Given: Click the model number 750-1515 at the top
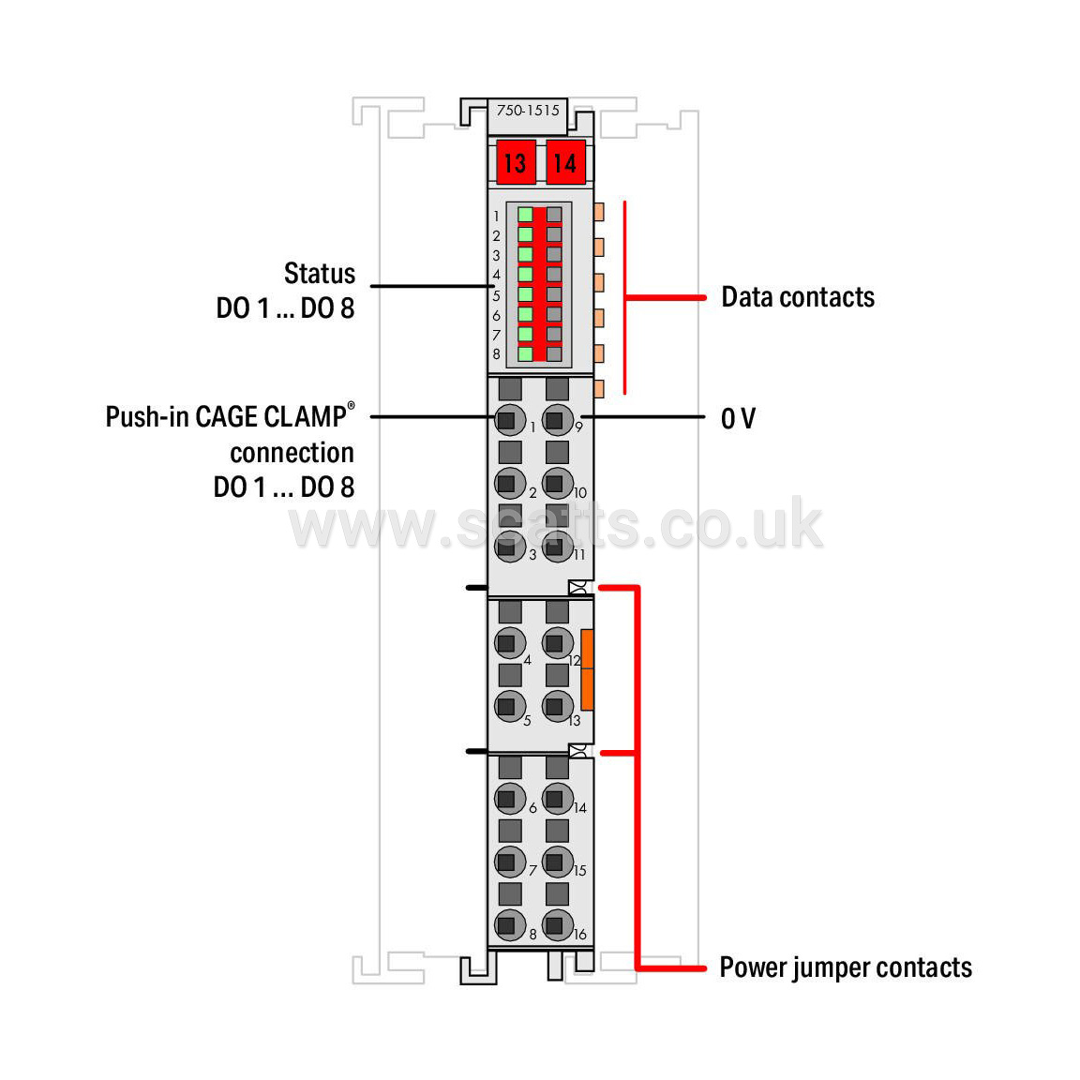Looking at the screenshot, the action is [528, 111].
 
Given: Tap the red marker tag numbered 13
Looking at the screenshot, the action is [516, 162].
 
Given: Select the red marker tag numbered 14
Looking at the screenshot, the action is [565, 162].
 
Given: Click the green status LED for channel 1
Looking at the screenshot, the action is [526, 215].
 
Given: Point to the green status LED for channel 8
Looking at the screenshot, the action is [526, 354].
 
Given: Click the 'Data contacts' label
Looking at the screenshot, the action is [798, 297].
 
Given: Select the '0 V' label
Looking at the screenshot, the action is [739, 418].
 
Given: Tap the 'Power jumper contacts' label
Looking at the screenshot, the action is [846, 967].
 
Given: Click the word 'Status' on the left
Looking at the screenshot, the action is [320, 274].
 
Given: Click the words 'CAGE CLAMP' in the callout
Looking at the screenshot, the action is [271, 416].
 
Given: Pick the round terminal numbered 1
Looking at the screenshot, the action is [510, 420].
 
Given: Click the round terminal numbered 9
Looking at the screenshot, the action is [557, 420].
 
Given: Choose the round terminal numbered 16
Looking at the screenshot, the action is [557, 925].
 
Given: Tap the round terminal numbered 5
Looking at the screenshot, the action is [510, 706].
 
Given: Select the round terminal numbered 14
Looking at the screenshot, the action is [557, 799].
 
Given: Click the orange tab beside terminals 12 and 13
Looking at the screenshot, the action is [587, 669].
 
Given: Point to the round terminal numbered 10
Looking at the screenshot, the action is [557, 484].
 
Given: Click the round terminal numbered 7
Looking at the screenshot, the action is [510, 862].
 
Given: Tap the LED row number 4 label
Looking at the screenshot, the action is [496, 275].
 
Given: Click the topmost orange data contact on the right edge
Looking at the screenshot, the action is [598, 212].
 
